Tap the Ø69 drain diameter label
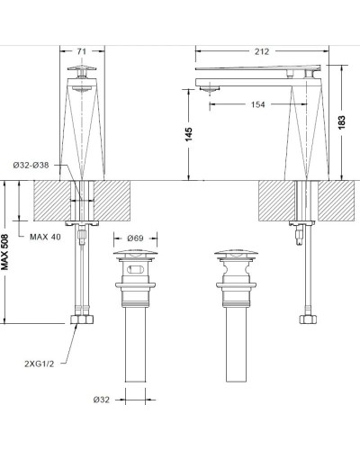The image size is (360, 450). (135, 238)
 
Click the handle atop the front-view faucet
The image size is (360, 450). (81, 72)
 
